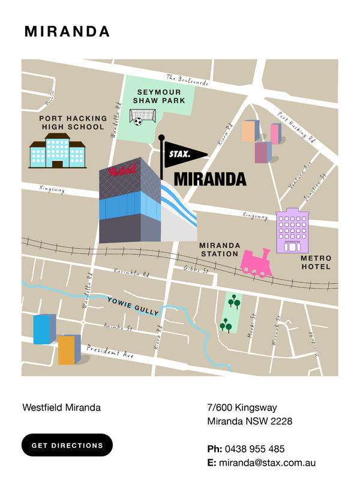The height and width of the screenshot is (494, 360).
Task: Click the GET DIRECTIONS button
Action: pyautogui.click(x=67, y=445)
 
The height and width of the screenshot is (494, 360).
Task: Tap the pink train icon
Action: pyautogui.click(x=256, y=264)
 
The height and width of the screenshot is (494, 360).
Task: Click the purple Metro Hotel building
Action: pyautogui.click(x=292, y=231)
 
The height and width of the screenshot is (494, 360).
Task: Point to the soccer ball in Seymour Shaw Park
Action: pyautogui.click(x=138, y=121)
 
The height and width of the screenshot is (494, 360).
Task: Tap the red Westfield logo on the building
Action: pyautogui.click(x=122, y=170)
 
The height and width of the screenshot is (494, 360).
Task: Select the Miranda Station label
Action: pyautogui.click(x=220, y=250)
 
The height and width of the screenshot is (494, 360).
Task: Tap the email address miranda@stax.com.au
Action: pyautogui.click(x=267, y=463)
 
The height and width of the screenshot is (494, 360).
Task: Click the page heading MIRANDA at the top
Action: pyautogui.click(x=67, y=32)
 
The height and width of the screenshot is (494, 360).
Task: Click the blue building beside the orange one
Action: pyautogui.click(x=43, y=330)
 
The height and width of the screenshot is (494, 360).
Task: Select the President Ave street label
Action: pyautogui.click(x=110, y=352)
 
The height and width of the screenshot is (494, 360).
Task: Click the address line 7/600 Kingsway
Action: pyautogui.click(x=242, y=408)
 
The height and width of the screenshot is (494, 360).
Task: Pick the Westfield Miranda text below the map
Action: pyautogui.click(x=61, y=408)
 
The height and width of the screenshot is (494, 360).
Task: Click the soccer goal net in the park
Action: pyautogui.click(x=143, y=113)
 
